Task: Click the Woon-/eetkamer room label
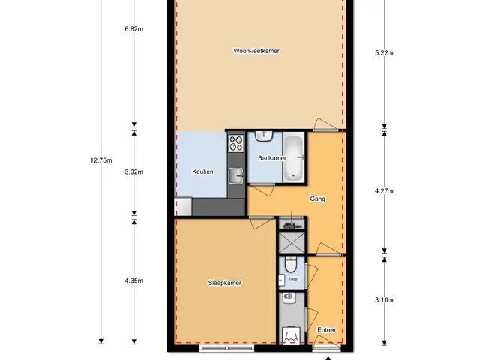pyautogui.click(x=256, y=51)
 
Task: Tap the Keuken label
pyautogui.click(x=202, y=172)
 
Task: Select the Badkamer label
pyautogui.click(x=272, y=158)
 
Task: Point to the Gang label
pyautogui.click(x=317, y=199)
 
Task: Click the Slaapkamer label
pyautogui.click(x=225, y=283)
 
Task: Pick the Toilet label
pyautogui.click(x=293, y=279)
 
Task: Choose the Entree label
pyautogui.click(x=326, y=330)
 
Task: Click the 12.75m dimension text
pyautogui.click(x=101, y=160)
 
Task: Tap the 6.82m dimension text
pyautogui.click(x=133, y=29)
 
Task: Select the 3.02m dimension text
pyautogui.click(x=133, y=172)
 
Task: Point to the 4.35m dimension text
pyautogui.click(x=133, y=280)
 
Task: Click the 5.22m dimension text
pyautogui.click(x=384, y=53)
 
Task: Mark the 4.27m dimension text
pyautogui.click(x=384, y=191)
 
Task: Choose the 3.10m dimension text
pyautogui.click(x=384, y=300)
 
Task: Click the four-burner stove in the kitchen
pyautogui.click(x=236, y=143)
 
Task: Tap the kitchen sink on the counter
pyautogui.click(x=236, y=175)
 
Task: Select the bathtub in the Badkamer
pyautogui.click(x=293, y=158)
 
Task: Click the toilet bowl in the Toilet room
pyautogui.click(x=291, y=264)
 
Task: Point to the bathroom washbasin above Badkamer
pyautogui.click(x=264, y=136)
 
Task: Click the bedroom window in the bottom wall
pyautogui.click(x=226, y=348)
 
